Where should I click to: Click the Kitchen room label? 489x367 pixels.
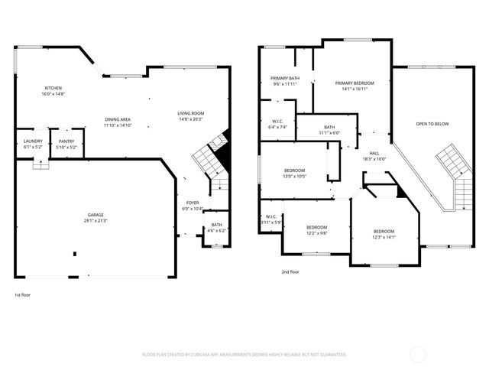click(x=53, y=88)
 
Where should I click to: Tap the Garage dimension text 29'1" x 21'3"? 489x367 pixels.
click(x=96, y=221)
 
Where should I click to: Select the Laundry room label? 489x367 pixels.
click(x=33, y=141)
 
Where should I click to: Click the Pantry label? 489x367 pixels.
click(x=66, y=141)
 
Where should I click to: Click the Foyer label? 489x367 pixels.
click(x=192, y=203)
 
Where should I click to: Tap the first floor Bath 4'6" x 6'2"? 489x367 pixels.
click(x=217, y=228)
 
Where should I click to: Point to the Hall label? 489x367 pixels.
click(x=374, y=153)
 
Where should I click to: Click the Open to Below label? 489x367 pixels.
click(x=432, y=124)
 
